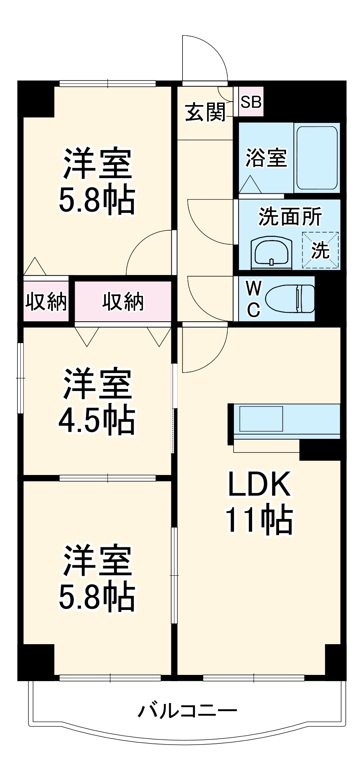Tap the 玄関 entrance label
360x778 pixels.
pos(205,112)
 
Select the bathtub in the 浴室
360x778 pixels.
pos(316,158)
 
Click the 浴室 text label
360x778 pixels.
pos(266,158)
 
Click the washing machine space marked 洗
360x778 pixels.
pos(321,250)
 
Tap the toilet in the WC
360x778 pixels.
pos(290,299)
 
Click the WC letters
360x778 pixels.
pos(253,299)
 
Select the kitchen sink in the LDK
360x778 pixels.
pos(261,419)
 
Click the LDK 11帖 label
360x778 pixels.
pos(259,501)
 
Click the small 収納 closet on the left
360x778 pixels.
pos(46,301)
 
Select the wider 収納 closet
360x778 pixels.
pos(123,301)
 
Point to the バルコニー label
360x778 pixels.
pos(187,711)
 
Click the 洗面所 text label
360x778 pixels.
pos(290,217)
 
